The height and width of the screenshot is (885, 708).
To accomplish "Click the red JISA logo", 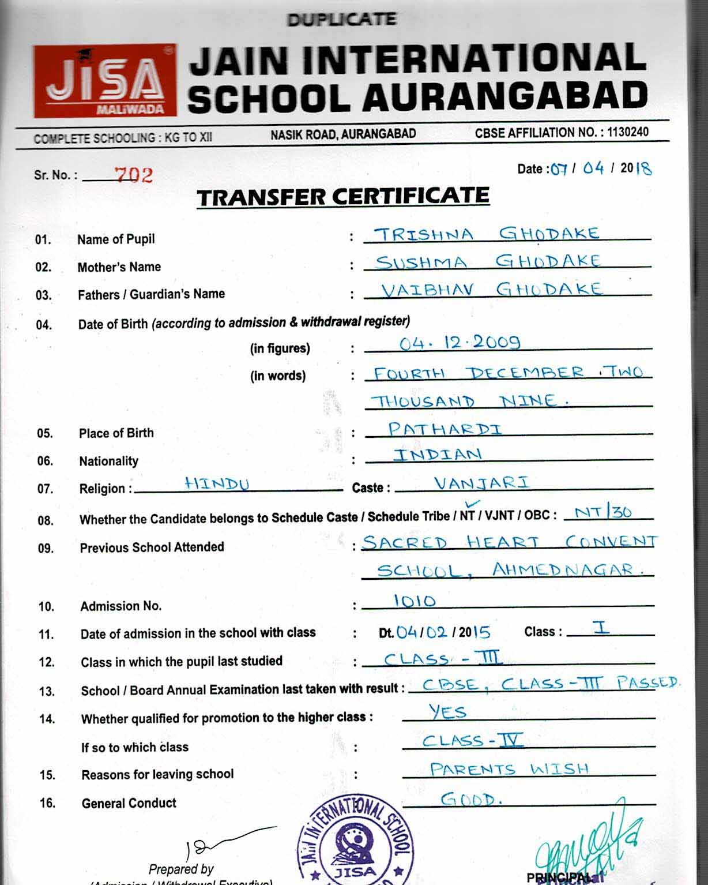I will tap(104, 81).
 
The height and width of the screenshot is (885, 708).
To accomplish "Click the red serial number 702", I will tap(134, 175).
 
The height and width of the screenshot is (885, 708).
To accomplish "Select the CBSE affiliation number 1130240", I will tap(628, 132).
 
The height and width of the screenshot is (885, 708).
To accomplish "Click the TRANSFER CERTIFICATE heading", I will tap(343, 197).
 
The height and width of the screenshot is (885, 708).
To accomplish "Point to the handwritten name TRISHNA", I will tap(424, 234).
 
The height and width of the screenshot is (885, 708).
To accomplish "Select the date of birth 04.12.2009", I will tap(460, 343).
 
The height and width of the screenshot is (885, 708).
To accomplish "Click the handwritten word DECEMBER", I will tap(525, 373).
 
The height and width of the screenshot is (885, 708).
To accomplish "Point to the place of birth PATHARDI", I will tap(445, 429).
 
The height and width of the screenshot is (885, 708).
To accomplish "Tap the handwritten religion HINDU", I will tap(217, 483).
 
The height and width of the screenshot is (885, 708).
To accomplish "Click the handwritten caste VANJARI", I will tap(481, 482).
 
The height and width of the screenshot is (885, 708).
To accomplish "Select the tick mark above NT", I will tap(476, 504).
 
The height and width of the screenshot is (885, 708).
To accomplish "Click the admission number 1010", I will tap(415, 601).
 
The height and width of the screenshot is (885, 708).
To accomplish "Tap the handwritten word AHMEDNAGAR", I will tap(562, 570).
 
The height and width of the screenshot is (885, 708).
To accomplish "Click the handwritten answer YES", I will tap(447, 712).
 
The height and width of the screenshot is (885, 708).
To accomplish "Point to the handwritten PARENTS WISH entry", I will tap(509, 769).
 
